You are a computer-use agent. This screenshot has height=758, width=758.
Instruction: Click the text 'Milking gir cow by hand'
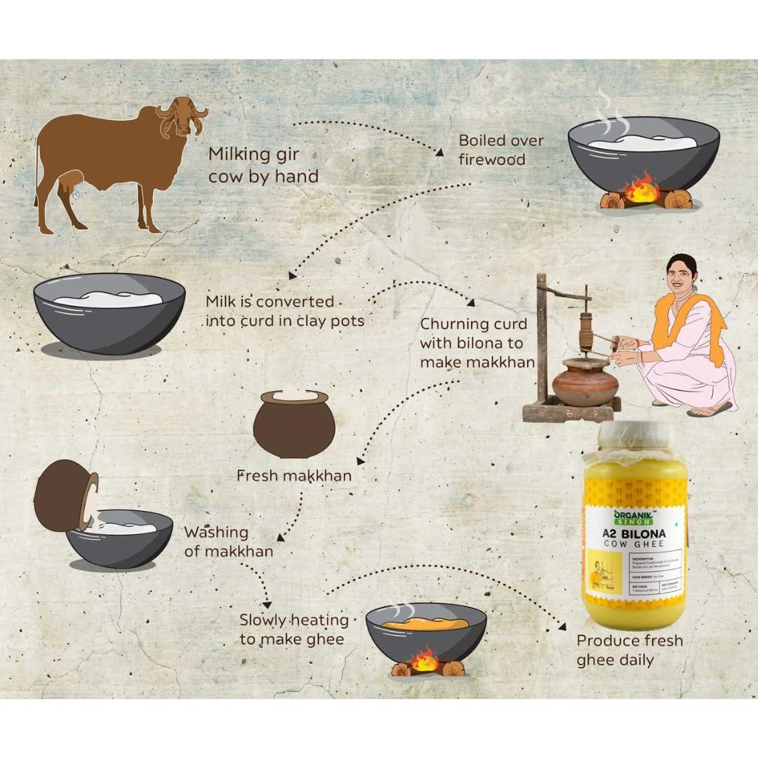[x=263, y=165]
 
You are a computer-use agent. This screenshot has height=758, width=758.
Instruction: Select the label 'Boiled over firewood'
[x=500, y=149]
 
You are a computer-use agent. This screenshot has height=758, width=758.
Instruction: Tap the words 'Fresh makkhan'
[x=294, y=476]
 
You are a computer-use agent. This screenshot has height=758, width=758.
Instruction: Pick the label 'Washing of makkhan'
[x=227, y=542]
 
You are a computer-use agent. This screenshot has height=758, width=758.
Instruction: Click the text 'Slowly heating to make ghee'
[x=293, y=630]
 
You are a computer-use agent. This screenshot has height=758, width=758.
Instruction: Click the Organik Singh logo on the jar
[x=634, y=518]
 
